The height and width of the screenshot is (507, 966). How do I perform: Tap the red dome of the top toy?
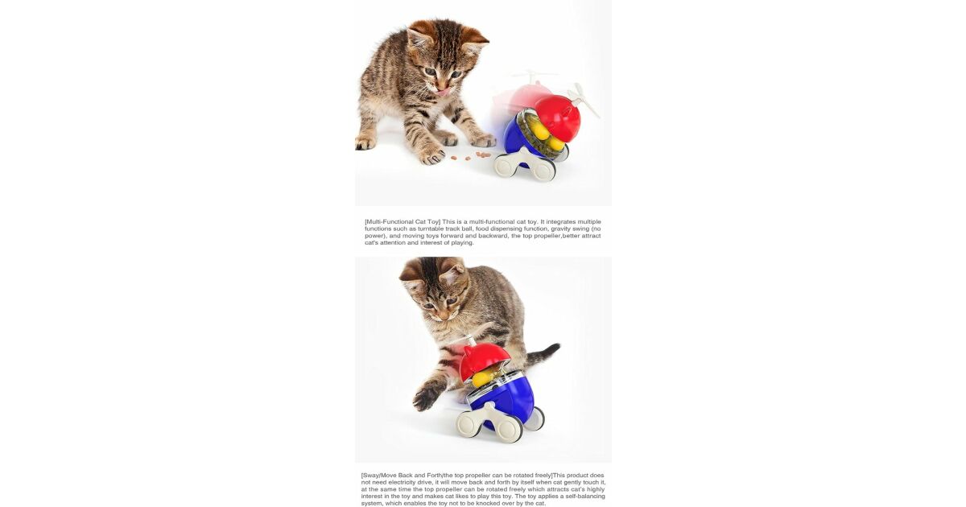[558, 117]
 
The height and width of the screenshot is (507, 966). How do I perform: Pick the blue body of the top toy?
[518, 138]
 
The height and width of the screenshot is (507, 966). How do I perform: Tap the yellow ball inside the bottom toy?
[481, 378]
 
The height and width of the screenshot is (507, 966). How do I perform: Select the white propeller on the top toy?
[584, 100]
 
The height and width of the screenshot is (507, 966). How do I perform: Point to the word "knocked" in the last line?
[487, 504]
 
